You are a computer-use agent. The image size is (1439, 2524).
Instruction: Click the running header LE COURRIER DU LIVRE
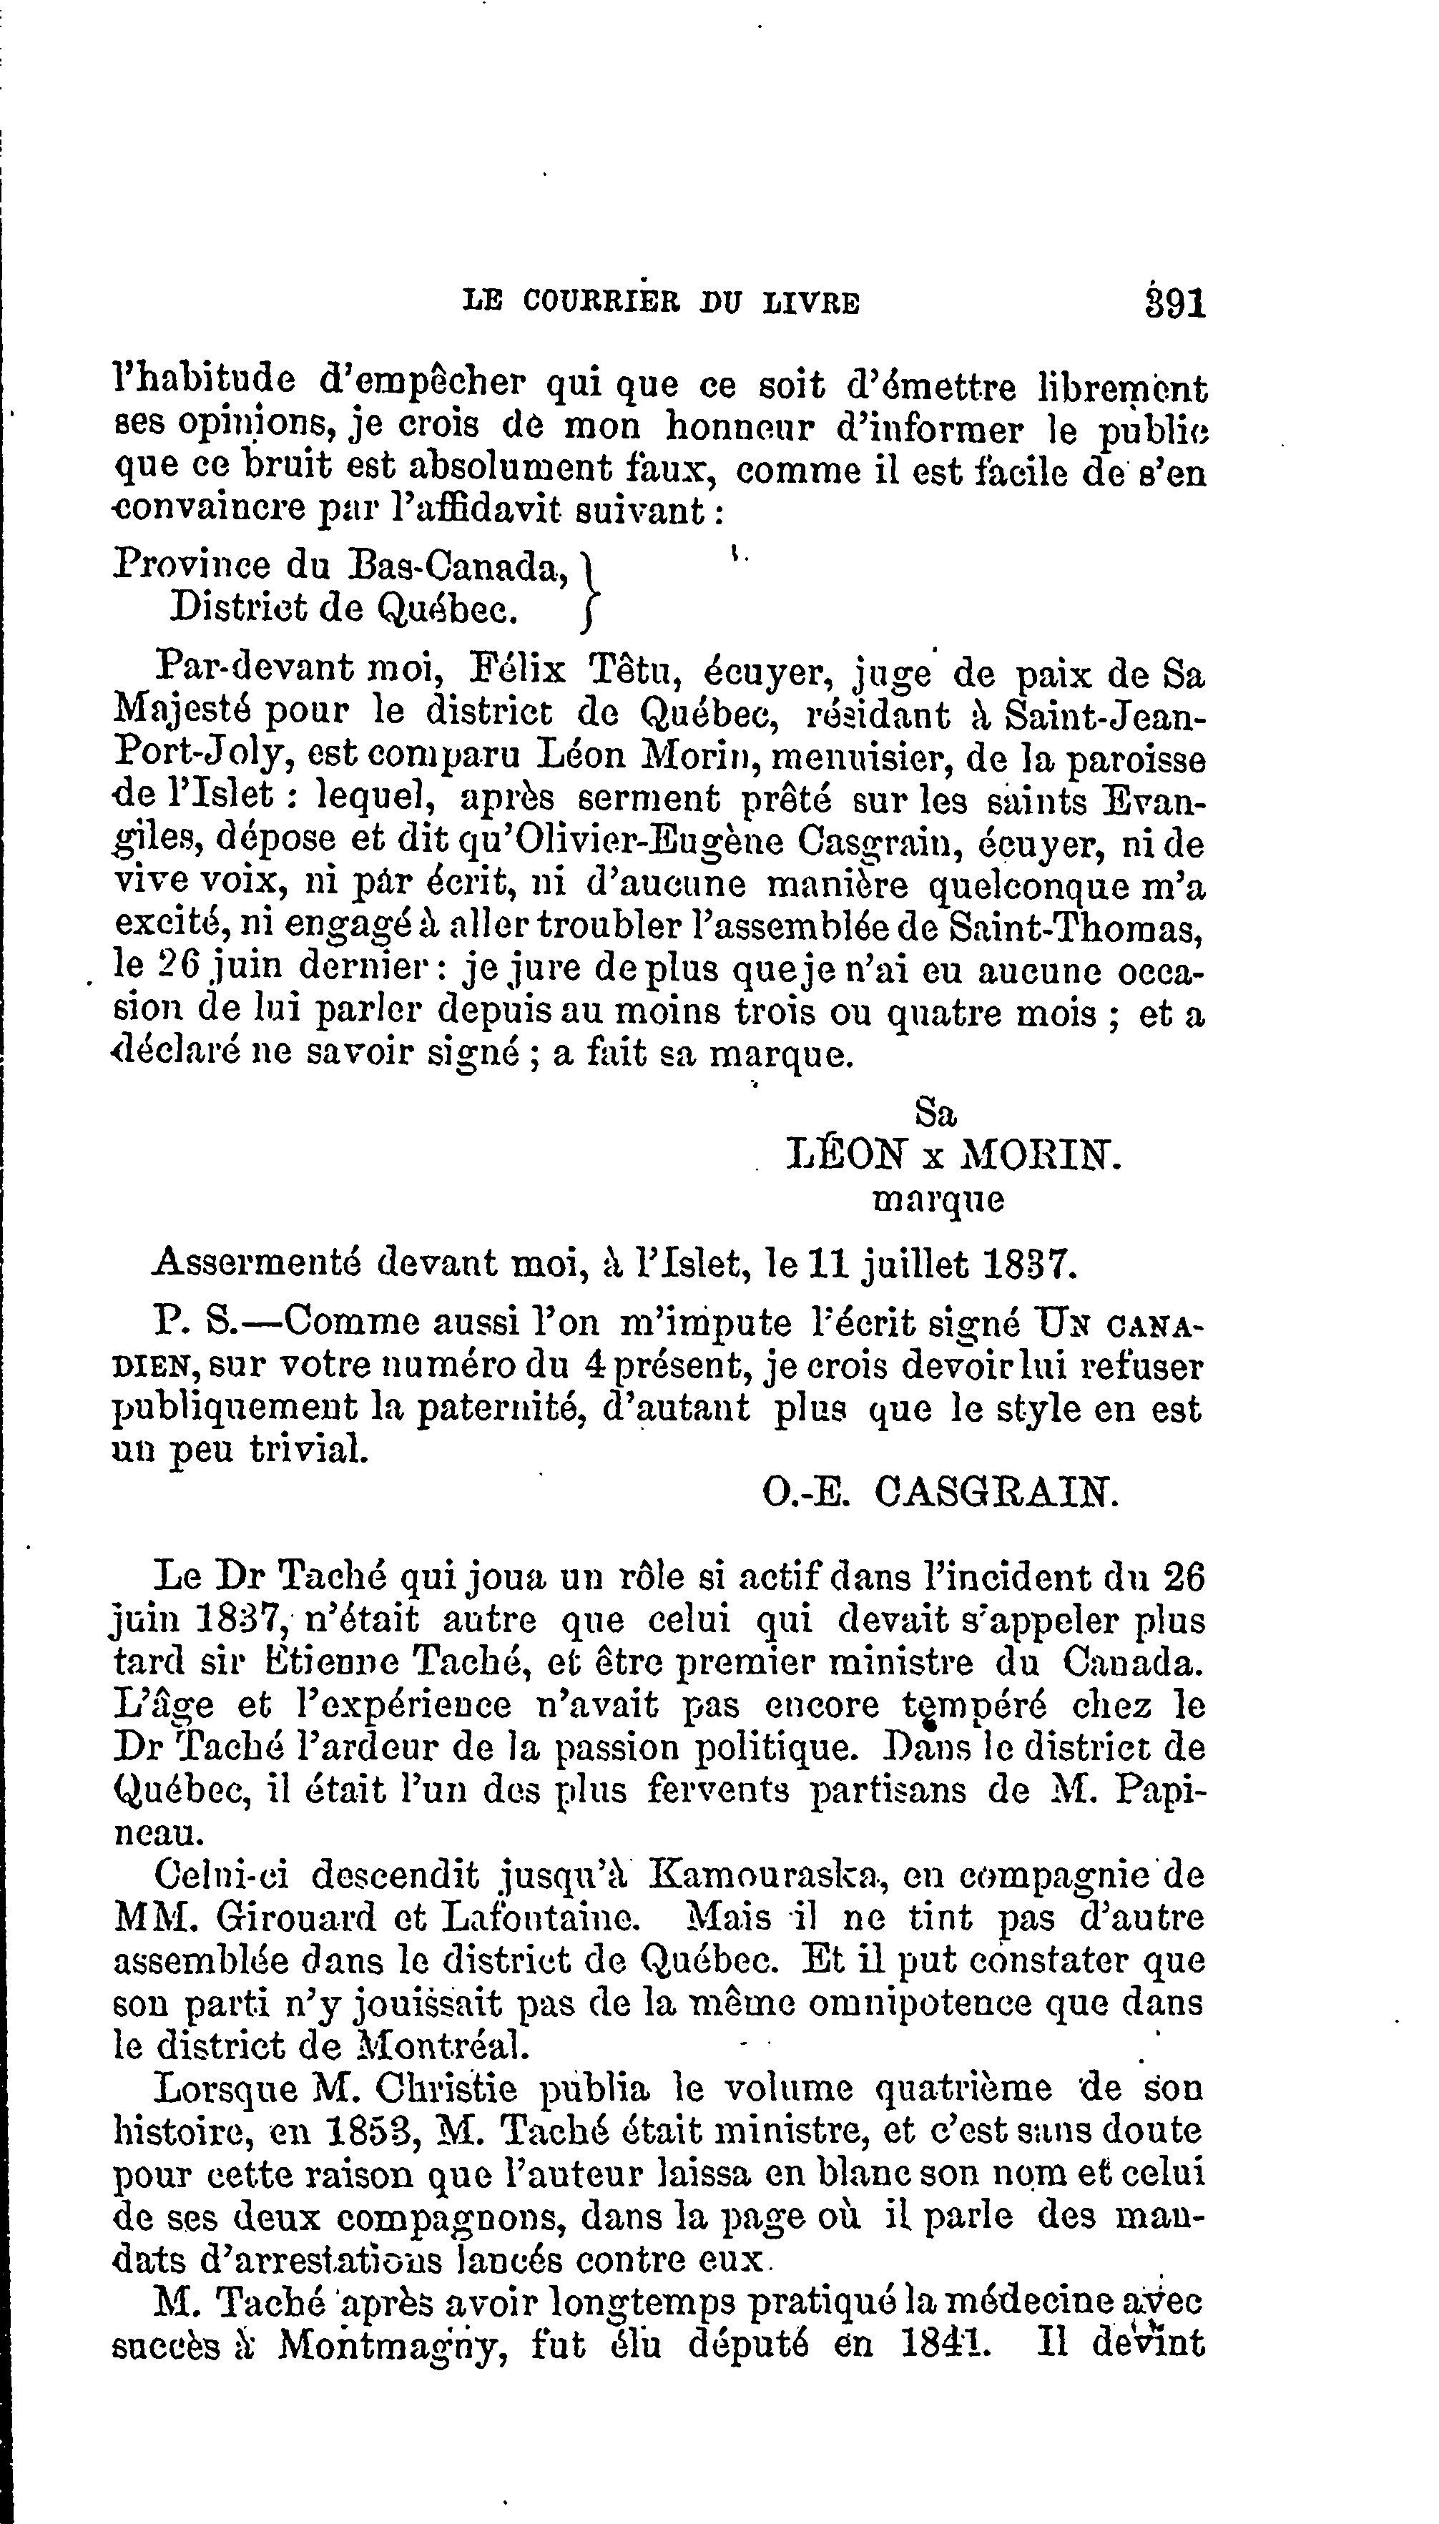(x=661, y=301)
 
